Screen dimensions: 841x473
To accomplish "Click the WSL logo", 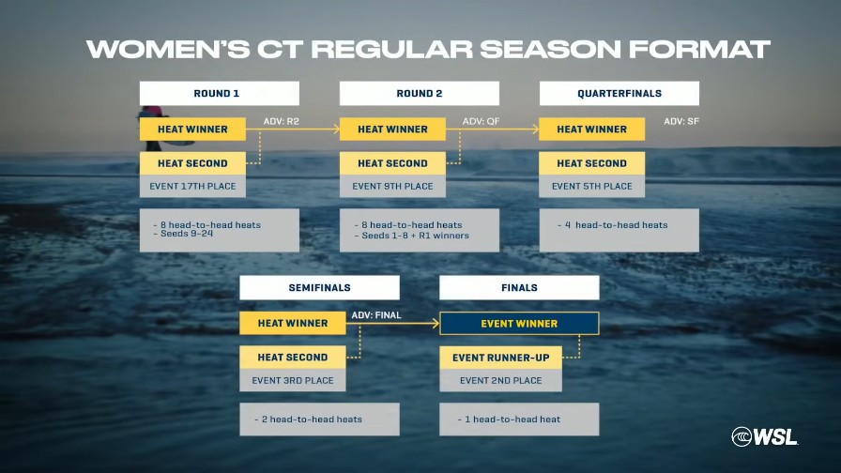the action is tap(764, 436).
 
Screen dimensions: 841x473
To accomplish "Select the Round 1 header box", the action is tap(220, 93).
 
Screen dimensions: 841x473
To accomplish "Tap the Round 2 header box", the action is tap(420, 93).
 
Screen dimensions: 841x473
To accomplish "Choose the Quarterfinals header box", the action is tap(619, 93).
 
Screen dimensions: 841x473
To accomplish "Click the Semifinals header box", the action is tap(320, 287).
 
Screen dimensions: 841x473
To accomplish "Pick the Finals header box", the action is tap(519, 287).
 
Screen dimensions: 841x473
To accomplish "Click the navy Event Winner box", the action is tap(519, 324).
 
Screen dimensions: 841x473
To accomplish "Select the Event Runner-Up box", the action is tap(501, 358).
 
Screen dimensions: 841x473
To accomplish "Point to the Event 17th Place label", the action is tap(192, 186).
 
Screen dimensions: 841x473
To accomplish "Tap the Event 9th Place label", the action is tap(392, 186).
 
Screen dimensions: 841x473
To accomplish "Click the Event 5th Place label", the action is tap(592, 186).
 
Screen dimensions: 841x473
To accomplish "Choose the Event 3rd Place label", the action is tap(293, 380).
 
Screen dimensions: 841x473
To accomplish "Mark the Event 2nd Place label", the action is tap(501, 380).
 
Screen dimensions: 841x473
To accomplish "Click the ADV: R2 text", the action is tap(281, 121).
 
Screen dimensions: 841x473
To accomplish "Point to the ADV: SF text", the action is tap(681, 121).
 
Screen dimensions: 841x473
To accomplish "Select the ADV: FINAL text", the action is tap(376, 314).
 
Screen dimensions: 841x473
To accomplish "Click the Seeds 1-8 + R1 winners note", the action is tap(412, 236).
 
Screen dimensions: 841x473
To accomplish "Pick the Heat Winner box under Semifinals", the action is tap(293, 324).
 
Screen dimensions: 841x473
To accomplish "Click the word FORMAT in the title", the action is tap(700, 50).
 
